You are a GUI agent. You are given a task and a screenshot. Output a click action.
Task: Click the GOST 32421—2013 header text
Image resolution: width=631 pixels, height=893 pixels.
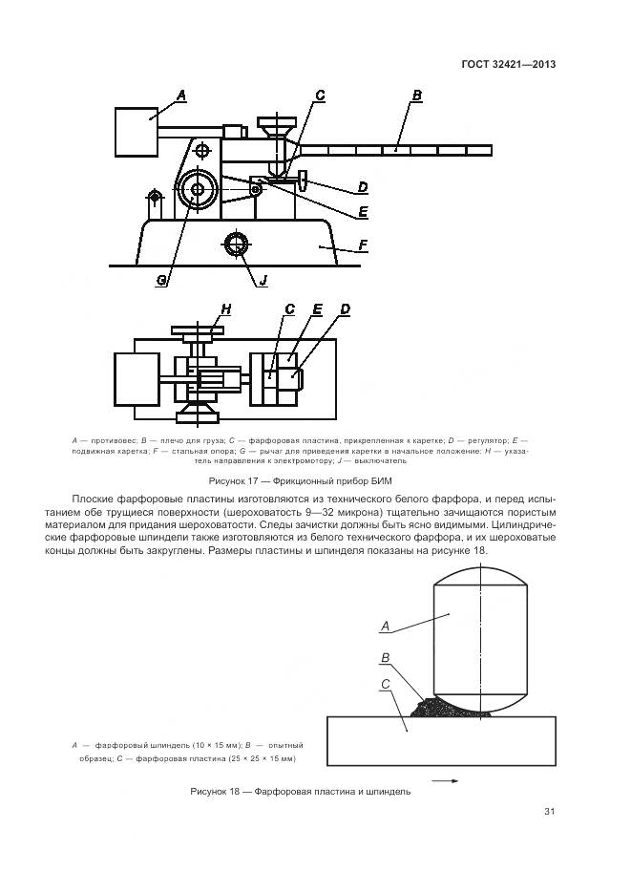click(509, 65)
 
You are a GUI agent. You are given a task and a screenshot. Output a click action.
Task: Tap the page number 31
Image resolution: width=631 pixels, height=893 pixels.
click(549, 812)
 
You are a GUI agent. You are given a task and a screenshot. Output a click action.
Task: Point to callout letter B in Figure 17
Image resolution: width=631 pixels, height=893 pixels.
click(416, 95)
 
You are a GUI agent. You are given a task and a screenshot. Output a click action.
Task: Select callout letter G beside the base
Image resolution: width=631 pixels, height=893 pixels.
click(162, 278)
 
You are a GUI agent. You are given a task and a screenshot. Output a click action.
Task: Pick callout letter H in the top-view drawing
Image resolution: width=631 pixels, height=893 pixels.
click(226, 308)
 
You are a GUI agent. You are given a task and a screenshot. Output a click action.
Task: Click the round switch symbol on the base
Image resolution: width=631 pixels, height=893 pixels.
click(236, 244)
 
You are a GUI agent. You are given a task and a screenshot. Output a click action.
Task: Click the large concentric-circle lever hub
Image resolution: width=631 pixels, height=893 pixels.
click(198, 189)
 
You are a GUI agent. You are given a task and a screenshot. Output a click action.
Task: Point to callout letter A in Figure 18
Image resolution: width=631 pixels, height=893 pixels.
click(386, 627)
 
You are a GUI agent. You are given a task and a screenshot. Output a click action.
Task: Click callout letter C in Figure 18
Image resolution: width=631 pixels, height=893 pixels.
click(384, 685)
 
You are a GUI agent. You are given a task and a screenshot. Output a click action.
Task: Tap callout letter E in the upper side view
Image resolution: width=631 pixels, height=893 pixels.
click(363, 211)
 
